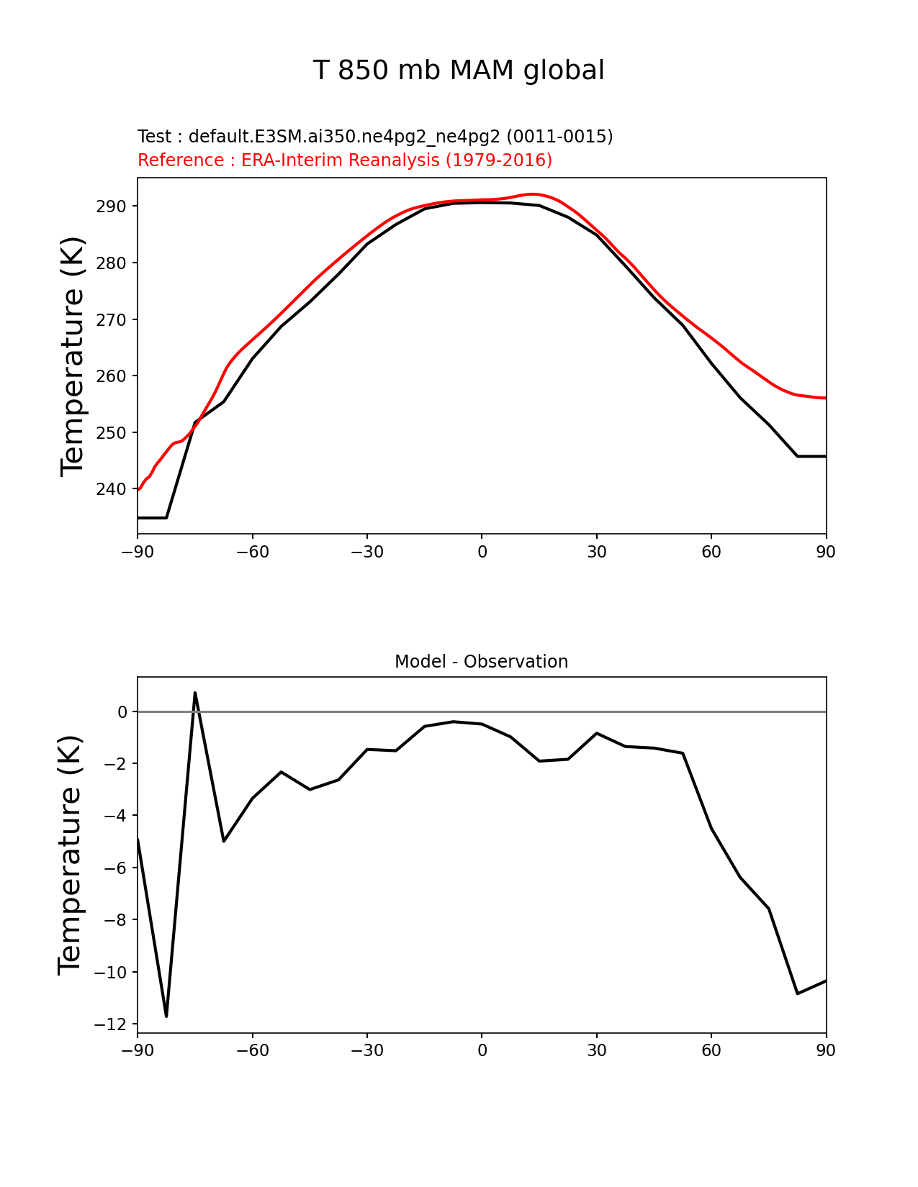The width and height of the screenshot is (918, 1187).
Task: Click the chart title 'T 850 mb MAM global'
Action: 459,71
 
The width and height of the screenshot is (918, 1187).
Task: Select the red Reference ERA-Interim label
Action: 345,160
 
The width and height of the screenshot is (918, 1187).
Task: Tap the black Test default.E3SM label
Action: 375,137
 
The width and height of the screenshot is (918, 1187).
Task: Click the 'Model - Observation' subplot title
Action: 481,662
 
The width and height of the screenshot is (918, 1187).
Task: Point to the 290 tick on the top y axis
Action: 111,206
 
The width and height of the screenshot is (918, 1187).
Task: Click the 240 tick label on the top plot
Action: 111,489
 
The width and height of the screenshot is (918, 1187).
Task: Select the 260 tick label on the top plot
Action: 111,376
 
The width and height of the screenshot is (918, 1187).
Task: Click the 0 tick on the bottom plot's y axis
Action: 122,711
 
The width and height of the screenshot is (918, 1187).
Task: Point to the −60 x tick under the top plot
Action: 252,552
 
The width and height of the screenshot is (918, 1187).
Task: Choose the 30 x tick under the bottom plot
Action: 596,1050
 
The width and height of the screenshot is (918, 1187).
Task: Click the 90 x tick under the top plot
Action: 826,552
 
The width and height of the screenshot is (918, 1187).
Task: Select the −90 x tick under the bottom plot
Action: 138,1050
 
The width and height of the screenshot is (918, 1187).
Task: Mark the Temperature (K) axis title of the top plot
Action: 73,355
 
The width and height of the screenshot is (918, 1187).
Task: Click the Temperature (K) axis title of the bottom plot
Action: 71,855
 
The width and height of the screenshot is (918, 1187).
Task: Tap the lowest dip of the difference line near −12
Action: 166,1016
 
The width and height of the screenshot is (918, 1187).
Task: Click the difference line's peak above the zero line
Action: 195,693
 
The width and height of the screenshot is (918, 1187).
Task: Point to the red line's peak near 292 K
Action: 533,194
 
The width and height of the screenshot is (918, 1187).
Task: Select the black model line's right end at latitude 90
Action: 825,456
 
